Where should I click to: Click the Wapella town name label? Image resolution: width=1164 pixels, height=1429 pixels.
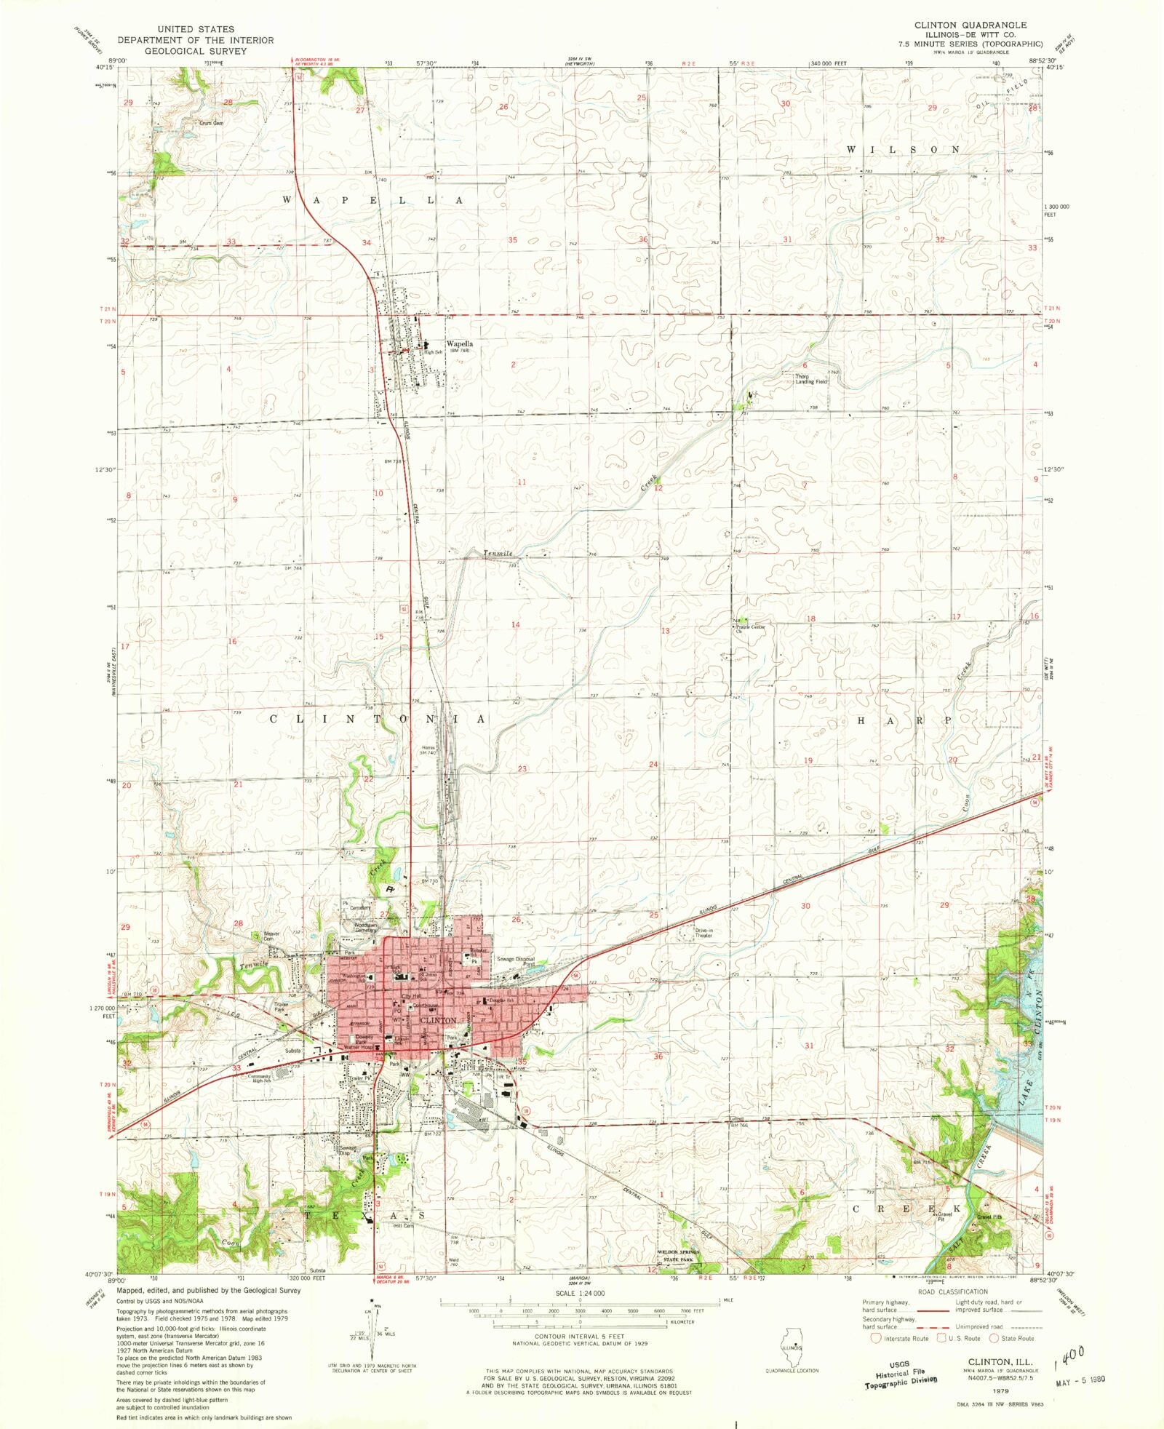[459, 343]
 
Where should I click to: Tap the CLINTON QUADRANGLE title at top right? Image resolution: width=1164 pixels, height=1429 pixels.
[970, 25]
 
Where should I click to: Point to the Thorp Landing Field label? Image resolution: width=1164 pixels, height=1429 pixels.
[810, 379]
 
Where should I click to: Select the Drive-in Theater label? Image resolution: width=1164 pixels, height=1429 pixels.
[703, 933]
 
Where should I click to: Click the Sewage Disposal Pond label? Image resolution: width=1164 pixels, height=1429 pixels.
[516, 961]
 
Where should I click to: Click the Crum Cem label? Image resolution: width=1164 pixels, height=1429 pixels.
[211, 123]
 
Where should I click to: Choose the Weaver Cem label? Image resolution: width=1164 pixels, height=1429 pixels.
[271, 936]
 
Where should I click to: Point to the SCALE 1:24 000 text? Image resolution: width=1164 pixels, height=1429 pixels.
[580, 1293]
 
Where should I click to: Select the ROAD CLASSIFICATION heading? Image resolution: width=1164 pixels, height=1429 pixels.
[952, 1291]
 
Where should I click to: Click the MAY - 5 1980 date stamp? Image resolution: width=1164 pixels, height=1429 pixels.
[1079, 1378]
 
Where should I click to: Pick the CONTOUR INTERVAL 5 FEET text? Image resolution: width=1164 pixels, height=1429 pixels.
[579, 1337]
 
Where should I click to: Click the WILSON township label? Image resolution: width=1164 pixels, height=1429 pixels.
[902, 149]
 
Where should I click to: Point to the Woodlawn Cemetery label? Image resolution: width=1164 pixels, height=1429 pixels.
[365, 927]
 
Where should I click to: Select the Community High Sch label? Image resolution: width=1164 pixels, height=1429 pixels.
[259, 1078]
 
